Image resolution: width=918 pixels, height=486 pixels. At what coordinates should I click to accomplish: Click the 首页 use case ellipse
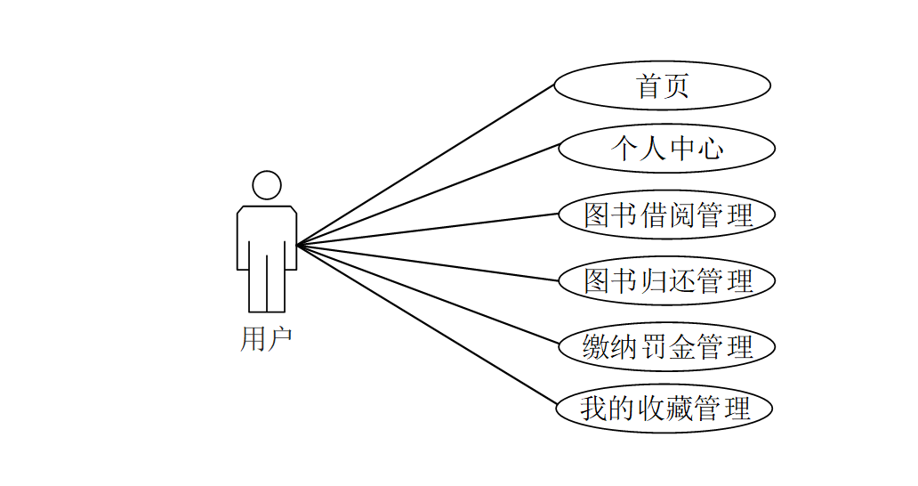point(662,86)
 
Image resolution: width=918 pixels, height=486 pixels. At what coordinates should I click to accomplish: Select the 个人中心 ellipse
point(666,149)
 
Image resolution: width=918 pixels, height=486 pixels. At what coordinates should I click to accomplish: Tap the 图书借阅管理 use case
point(666,215)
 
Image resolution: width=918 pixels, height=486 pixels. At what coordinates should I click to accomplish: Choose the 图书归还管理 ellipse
point(666,280)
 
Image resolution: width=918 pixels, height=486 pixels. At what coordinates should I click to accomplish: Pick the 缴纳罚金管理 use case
point(666,346)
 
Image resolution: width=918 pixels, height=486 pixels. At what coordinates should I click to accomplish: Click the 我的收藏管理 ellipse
point(664,409)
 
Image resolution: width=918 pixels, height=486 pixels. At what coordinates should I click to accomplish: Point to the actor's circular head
point(267,185)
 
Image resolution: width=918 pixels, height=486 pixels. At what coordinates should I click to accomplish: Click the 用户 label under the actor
point(266,339)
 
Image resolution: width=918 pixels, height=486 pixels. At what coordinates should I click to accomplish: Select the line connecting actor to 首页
point(425,166)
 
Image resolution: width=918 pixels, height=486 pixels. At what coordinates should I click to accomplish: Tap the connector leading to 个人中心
point(428,194)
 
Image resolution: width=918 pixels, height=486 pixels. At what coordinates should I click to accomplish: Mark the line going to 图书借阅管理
point(428,229)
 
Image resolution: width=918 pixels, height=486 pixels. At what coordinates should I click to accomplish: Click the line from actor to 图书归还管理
point(428,263)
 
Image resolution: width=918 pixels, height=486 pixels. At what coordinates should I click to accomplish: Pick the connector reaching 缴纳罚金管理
point(428,293)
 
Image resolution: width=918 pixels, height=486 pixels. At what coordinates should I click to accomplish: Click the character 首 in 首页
point(649,86)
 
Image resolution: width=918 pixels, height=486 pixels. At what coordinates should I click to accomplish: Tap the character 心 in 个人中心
point(709,149)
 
